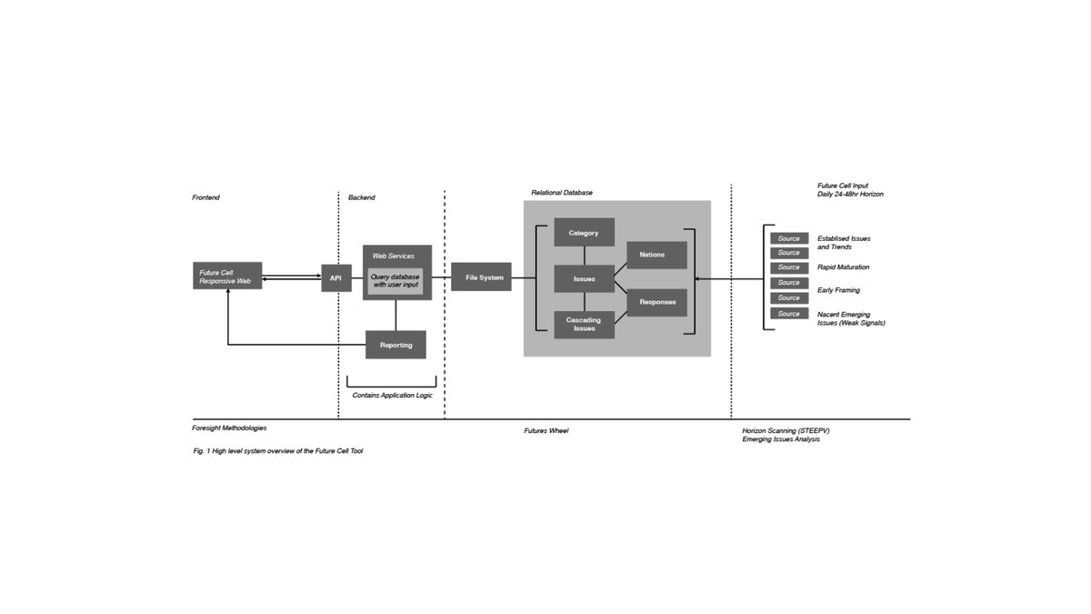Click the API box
point(335,277)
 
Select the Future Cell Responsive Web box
point(228,277)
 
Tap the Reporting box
point(395,345)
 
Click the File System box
point(481,277)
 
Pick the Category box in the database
point(584,233)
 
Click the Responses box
point(656,302)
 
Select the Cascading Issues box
point(584,324)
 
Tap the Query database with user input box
point(395,281)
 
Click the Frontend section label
point(205,197)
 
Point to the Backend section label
point(361,197)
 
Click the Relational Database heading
point(562,193)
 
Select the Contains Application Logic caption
point(392,396)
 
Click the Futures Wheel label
point(545,430)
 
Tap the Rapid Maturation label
point(843,267)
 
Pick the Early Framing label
point(838,290)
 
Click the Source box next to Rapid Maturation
point(788,267)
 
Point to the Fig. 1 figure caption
point(277,451)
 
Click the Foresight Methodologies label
point(229,428)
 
